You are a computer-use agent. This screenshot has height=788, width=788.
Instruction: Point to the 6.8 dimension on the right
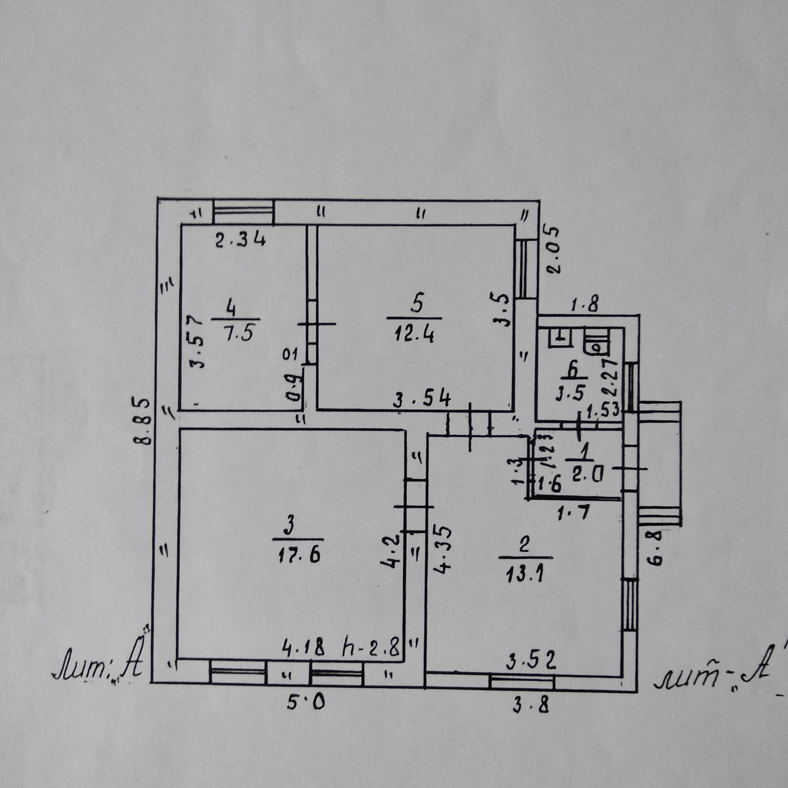657,548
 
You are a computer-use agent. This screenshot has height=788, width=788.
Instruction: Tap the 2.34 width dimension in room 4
241,240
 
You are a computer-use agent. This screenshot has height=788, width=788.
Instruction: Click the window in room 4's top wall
244,212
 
